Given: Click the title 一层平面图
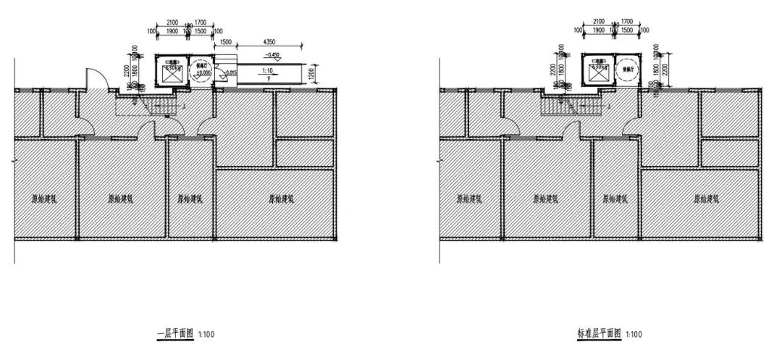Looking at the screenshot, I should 175,334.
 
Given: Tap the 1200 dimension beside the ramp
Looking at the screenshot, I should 314,72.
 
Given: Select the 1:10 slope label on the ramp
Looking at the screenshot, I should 267,70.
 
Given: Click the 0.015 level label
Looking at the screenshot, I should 231,72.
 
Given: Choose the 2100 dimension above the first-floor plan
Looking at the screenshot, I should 172,22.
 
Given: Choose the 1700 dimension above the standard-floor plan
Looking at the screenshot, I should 627,22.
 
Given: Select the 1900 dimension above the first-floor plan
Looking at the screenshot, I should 172,31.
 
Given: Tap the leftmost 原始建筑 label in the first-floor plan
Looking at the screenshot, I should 44,198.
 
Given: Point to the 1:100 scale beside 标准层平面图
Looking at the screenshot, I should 633,335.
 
